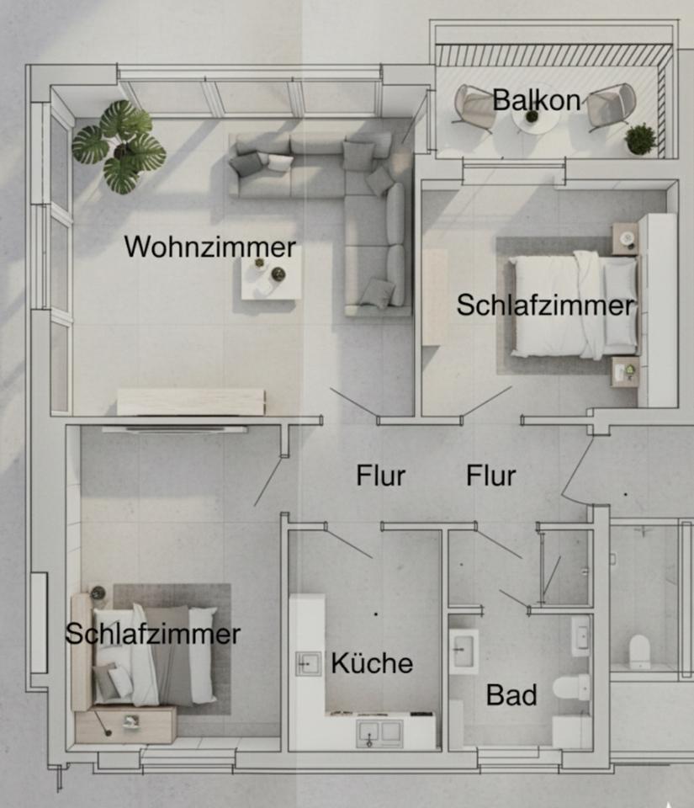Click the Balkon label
(537, 101)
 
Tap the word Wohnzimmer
(210, 247)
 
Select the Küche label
(372, 663)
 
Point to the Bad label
(511, 695)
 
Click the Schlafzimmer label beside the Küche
(152, 634)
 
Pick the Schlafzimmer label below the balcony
(545, 305)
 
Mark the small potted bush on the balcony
(641, 139)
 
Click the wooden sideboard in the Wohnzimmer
(191, 401)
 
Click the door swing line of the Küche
(349, 545)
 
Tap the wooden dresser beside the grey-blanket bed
(125, 725)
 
